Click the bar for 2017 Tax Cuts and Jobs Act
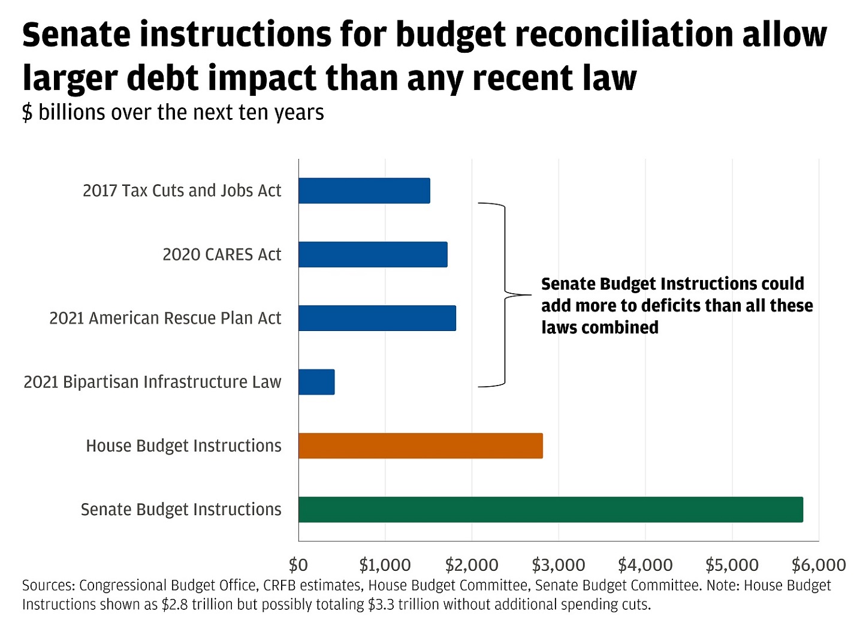364,191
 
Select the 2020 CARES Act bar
373,254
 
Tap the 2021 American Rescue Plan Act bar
377,318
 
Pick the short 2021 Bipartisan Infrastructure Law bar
316,382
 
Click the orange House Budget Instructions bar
420,446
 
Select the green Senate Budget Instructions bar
550,510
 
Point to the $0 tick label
298,565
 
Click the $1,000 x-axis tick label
385,565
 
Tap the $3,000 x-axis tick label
559,565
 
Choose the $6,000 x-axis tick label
819,565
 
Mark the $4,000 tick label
645,565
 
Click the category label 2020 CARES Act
222,255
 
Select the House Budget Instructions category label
183,446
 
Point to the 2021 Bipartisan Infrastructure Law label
152,382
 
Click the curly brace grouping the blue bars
505,295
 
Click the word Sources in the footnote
47,585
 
